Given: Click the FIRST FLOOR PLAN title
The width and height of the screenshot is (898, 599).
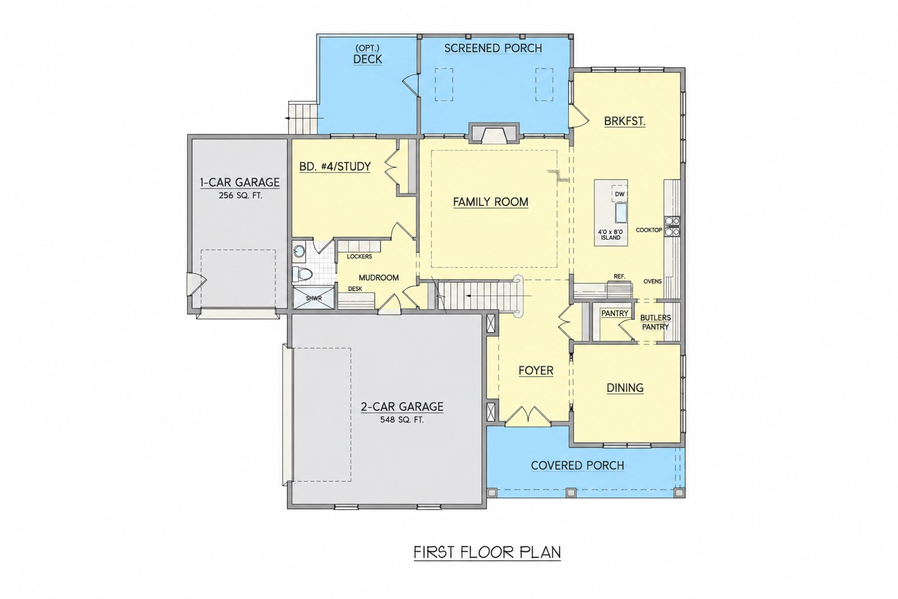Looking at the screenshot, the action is click(487, 552).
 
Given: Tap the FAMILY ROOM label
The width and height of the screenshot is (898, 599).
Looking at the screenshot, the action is click(491, 202).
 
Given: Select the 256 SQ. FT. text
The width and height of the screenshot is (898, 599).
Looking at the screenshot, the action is click(240, 196).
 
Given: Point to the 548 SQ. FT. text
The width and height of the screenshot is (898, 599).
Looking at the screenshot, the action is click(402, 420).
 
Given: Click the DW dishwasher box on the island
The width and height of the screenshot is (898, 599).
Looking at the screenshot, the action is click(619, 194).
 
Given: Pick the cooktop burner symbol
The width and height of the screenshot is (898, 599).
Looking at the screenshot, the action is click(672, 226).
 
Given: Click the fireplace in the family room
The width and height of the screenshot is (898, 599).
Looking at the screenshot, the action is click(494, 133).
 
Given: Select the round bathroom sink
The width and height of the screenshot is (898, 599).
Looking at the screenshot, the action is click(299, 252).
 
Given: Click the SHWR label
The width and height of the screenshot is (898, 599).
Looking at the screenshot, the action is click(314, 298).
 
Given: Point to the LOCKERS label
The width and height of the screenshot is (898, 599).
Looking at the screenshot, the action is click(359, 256).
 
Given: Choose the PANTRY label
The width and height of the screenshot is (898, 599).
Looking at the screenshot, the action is click(614, 314).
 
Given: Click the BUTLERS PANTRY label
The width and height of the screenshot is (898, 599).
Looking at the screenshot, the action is click(655, 322).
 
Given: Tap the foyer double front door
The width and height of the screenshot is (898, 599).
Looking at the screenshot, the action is click(527, 415).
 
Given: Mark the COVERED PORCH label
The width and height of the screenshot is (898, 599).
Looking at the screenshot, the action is click(577, 466).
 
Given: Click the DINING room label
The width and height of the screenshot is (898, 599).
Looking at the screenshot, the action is click(625, 388).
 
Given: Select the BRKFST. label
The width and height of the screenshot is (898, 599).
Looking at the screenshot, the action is click(624, 121).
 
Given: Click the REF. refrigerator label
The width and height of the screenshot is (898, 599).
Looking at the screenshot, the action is click(619, 277).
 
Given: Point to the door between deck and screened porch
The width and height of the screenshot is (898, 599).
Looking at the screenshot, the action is click(411, 85).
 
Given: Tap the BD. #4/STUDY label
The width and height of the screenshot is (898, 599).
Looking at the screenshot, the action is click(335, 167).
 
